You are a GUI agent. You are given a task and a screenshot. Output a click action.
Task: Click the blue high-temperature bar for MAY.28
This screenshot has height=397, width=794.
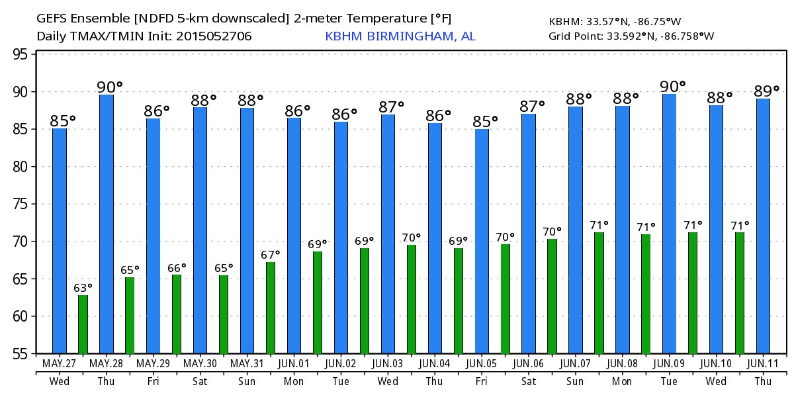tap(107, 224)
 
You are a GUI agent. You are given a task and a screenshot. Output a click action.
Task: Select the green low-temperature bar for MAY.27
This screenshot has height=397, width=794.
tap(83, 324)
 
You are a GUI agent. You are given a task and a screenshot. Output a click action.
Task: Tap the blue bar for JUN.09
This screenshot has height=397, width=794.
tap(669, 224)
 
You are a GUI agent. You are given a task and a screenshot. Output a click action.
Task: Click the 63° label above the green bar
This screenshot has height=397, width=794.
tap(83, 288)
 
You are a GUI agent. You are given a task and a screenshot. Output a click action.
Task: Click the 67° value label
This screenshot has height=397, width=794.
tap(271, 255)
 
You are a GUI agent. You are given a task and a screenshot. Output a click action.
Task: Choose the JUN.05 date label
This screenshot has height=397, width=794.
tap(482, 364)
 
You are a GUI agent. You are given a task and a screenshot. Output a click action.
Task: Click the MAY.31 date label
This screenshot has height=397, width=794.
tap(247, 364)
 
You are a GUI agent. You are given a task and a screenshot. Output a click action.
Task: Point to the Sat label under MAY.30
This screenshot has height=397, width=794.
tap(200, 382)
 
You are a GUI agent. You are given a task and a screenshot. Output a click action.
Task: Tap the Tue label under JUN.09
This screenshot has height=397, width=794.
tap(669, 382)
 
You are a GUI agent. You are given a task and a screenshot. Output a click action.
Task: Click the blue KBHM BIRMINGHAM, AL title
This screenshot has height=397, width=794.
tap(400, 36)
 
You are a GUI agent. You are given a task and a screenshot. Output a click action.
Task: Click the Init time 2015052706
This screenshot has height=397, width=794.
tap(214, 36)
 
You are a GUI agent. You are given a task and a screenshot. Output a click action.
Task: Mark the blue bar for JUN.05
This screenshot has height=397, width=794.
tap(482, 241)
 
